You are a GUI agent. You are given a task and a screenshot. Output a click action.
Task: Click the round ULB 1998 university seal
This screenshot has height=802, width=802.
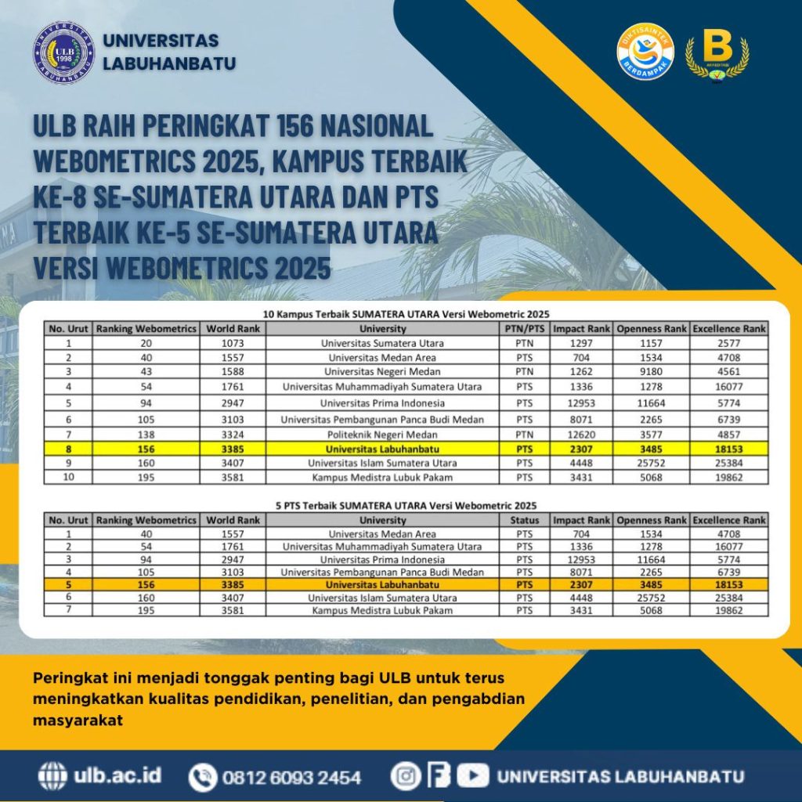(x=64, y=53)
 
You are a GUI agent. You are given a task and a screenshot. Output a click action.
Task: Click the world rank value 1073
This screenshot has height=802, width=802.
(x=233, y=343)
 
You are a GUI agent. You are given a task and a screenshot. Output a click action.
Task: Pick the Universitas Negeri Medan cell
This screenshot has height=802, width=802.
(x=383, y=371)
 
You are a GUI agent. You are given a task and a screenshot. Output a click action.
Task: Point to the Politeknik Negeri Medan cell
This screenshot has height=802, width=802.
(x=383, y=434)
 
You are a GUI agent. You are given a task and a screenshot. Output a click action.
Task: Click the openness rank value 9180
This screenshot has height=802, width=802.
(x=651, y=371)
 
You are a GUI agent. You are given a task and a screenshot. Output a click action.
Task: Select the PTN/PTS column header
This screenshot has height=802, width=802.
(x=524, y=329)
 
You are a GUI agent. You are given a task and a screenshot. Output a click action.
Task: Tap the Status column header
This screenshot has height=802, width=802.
(x=524, y=520)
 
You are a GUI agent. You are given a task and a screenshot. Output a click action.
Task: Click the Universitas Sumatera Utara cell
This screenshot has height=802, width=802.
(x=383, y=343)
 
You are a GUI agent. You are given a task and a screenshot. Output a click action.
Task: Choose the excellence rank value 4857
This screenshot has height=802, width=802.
(x=728, y=434)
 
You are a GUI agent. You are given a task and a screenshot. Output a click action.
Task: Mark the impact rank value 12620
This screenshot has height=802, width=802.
(x=581, y=434)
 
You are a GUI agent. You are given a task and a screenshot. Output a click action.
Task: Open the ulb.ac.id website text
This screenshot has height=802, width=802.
(x=117, y=776)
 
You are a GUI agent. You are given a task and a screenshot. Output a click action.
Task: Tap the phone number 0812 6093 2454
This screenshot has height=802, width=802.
(x=291, y=778)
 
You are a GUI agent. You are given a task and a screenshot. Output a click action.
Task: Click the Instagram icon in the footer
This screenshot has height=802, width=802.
(x=406, y=776)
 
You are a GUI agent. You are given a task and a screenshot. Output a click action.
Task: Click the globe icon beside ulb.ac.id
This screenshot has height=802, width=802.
(x=53, y=776)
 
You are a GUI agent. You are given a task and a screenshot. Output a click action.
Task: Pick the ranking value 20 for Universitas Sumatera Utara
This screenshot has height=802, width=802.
(x=146, y=343)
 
